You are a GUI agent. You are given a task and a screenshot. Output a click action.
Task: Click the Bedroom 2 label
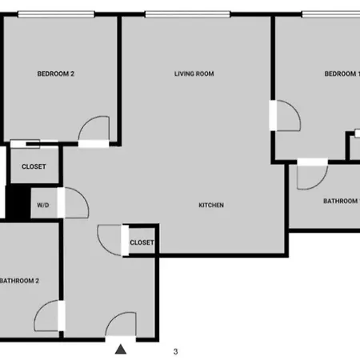click(55, 74)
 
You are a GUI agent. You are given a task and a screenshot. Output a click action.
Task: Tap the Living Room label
click(194, 74)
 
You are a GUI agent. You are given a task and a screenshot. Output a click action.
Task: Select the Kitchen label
click(211, 205)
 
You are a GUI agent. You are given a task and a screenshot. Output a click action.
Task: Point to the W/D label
click(43, 205)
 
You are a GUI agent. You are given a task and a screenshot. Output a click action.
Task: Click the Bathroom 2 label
click(19, 281)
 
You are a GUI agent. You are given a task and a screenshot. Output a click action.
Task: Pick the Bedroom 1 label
click(342, 74)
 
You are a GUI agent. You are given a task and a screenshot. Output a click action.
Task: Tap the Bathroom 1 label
click(342, 201)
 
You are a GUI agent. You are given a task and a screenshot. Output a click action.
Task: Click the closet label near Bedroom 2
click(34, 166)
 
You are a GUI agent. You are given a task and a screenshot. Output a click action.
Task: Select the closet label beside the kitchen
click(142, 242)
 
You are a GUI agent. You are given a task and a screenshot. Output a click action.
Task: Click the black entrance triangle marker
click(121, 350)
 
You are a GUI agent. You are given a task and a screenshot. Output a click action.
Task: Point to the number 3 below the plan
click(175, 351)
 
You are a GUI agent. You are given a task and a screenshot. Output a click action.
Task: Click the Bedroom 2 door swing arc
click(86, 122)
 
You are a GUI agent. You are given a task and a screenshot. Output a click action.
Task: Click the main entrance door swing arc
click(114, 318)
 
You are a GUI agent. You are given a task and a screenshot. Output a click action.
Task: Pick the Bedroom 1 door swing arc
click(294, 108)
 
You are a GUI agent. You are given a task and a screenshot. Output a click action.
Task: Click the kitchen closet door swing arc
click(104, 246)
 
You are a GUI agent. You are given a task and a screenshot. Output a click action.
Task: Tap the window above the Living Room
click(187, 14)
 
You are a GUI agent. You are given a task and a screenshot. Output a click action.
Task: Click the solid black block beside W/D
click(18, 202)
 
